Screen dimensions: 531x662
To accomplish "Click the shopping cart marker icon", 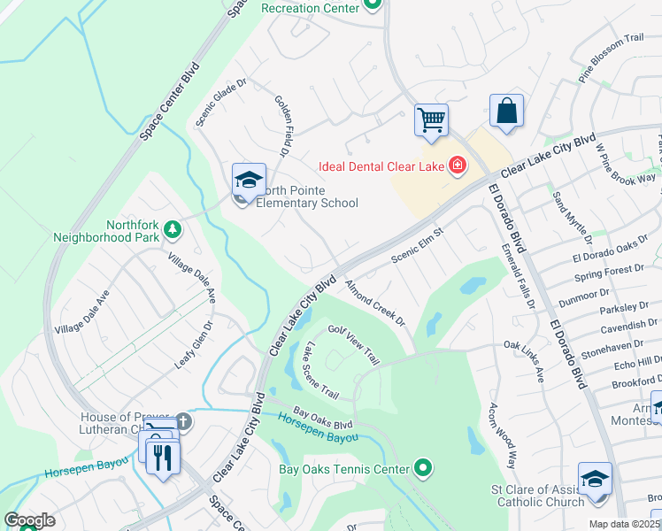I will point(431,119).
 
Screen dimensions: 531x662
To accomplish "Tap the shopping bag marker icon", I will point(506,112).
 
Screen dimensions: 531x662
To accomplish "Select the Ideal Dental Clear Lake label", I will point(382,165).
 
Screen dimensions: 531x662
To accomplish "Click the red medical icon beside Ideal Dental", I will point(458,165).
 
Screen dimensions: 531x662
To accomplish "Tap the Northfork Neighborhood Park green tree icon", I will point(173,230).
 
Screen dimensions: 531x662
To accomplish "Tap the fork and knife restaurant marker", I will point(163,457).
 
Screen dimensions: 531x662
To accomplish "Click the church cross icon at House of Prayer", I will point(182,420).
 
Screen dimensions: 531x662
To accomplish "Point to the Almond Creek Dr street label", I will point(374,303).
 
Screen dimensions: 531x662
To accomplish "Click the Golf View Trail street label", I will point(354,343).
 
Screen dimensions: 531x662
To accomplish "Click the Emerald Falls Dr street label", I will point(519,276).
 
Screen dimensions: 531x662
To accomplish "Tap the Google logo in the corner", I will point(30,520).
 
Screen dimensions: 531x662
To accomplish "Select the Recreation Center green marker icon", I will point(373,6).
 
